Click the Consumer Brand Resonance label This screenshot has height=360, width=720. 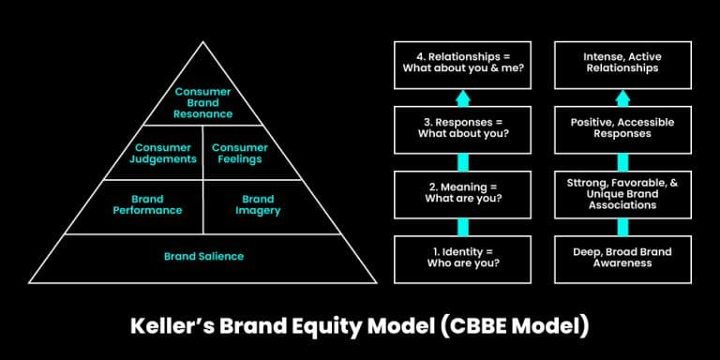pos(203,103)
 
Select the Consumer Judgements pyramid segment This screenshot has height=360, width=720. pos(165,154)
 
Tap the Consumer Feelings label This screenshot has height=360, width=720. pos(240,154)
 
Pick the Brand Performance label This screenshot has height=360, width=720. pos(148,204)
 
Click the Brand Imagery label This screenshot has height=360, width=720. pos(258,204)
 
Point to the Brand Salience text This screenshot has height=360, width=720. pos(203,256)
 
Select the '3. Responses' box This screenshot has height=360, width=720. pos(461,128)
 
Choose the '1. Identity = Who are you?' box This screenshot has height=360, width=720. pos(461,257)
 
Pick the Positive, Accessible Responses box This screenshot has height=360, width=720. pos(622,128)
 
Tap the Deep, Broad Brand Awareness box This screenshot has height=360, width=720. pos(622,257)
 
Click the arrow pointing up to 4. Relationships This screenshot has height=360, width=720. pos(462,97)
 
